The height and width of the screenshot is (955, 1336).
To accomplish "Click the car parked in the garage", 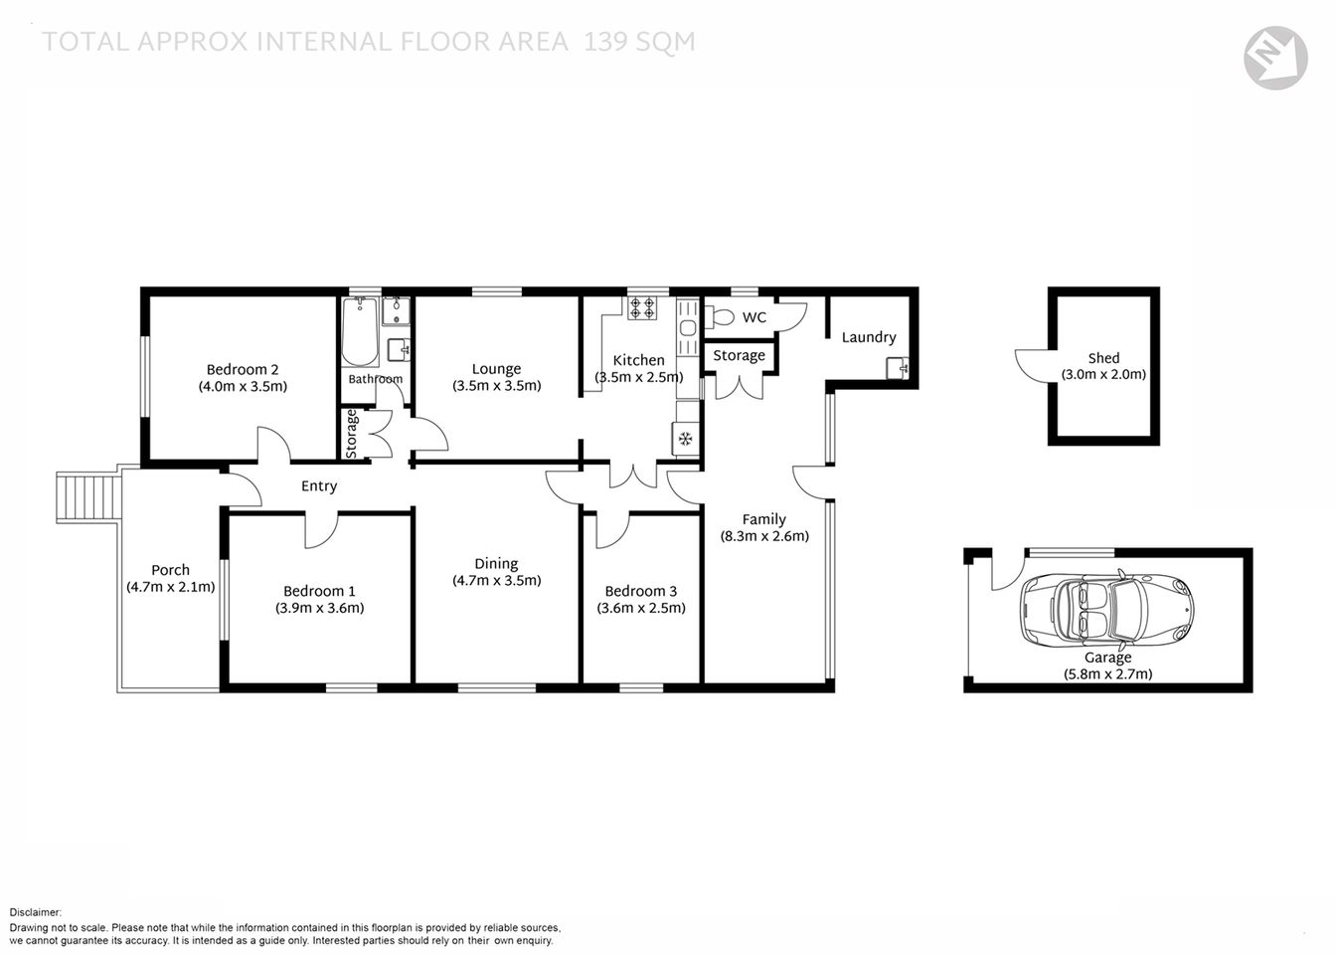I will [1106, 608].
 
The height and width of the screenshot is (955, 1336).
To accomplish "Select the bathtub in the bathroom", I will [360, 333].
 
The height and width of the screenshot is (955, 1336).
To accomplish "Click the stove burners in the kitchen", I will [641, 307].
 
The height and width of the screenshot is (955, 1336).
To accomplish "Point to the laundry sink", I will [898, 368].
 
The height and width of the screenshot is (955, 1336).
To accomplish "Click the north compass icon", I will [1275, 58].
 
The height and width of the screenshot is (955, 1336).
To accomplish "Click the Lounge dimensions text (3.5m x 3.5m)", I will [496, 386].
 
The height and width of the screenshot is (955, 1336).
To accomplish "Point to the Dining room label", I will [496, 563].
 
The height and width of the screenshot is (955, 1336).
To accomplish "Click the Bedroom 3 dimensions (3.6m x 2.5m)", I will [641, 608].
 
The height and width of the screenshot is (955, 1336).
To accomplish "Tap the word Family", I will [763, 518].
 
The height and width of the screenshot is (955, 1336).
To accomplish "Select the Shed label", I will [1103, 357].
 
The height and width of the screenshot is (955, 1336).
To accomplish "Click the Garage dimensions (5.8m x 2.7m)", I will [1107, 673].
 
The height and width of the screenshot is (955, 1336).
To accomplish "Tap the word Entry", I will [319, 486].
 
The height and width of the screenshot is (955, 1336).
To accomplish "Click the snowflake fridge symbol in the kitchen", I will [685, 438].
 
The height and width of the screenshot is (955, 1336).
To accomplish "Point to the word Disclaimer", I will [36, 912].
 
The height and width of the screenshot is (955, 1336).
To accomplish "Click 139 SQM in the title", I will [639, 42].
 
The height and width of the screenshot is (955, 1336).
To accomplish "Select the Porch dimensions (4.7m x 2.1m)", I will [170, 587].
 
